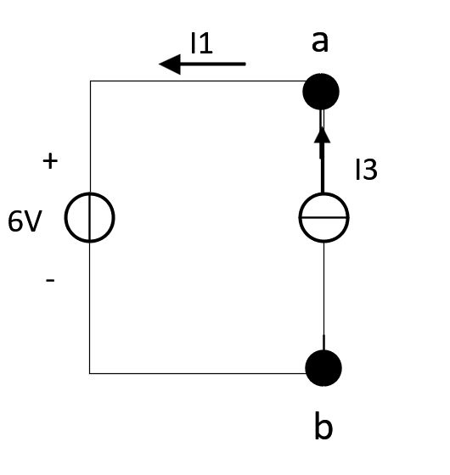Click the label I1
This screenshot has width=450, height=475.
[201, 43]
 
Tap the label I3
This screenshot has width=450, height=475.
[366, 170]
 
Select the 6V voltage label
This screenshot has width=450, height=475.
[25, 221]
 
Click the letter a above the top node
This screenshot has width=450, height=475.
[320, 42]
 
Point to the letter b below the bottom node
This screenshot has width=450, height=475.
[323, 425]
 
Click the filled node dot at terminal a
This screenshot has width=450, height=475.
[321, 92]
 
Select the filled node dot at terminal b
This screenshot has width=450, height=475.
[323, 368]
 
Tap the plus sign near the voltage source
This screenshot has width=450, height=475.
[50, 161]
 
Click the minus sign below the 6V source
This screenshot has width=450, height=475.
[50, 280]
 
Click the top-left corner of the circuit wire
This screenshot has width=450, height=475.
[90, 81]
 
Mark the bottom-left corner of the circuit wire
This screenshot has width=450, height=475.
[90, 373]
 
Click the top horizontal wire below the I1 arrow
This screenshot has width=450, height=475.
[198, 81]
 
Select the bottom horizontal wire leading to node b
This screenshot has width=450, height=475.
[198, 373]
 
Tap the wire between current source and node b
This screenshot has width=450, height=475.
[323, 296]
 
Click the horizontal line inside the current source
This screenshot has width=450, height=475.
[323, 217]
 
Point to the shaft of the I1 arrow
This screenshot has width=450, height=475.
[213, 64]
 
